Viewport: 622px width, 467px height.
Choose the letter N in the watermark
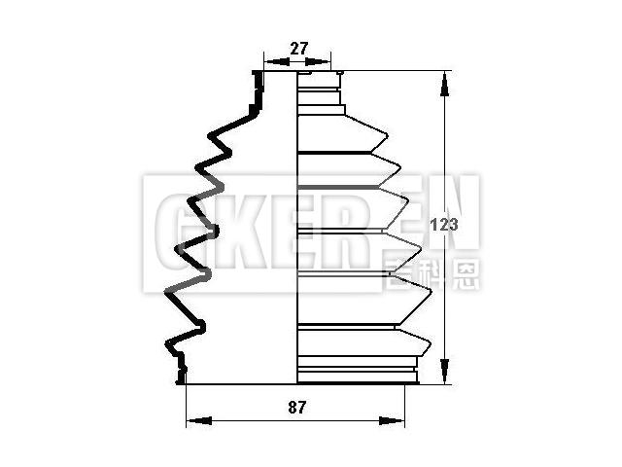(452, 209)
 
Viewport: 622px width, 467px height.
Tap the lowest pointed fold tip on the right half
(430, 342)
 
